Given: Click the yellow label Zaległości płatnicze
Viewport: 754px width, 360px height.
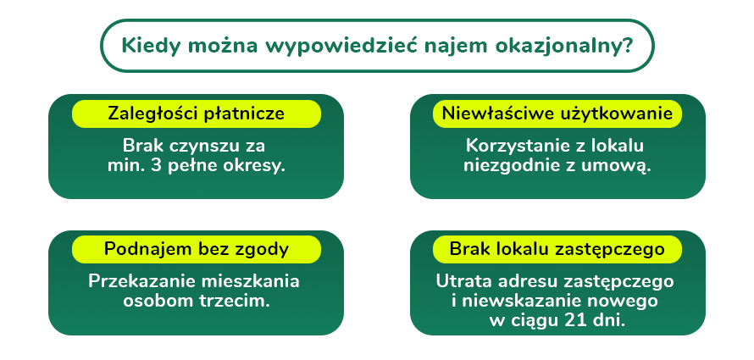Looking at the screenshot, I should click(x=196, y=114).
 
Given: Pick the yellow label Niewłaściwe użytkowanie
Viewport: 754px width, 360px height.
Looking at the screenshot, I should click(x=557, y=114).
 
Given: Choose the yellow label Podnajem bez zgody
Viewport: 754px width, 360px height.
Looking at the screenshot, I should click(x=196, y=249).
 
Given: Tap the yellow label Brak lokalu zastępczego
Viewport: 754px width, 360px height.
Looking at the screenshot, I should click(x=557, y=249).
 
